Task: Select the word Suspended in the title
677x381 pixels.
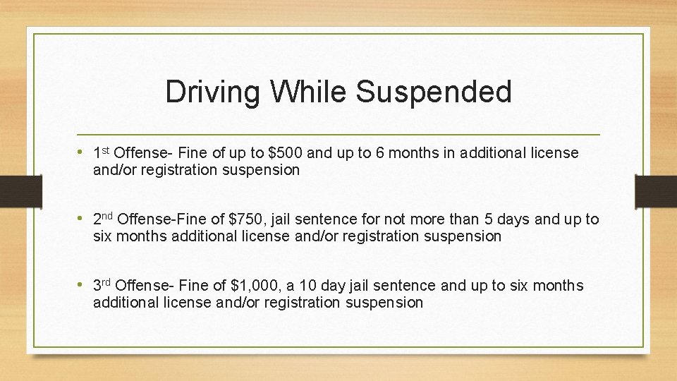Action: (x=434, y=92)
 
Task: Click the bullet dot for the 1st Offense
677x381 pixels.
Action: (x=83, y=152)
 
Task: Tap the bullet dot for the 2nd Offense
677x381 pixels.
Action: (x=83, y=219)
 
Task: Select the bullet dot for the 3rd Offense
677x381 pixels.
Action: (x=83, y=285)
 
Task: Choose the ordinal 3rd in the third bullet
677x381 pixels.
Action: (x=103, y=284)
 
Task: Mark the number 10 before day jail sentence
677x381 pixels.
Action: (x=307, y=286)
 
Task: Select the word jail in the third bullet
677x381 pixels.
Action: (x=362, y=286)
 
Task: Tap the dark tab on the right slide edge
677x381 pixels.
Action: (x=657, y=190)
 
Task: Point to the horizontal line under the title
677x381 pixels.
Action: (x=338, y=134)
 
